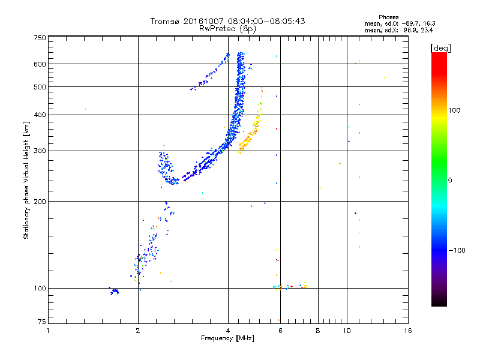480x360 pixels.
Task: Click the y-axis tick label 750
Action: tap(39, 37)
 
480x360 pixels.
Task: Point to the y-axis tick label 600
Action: tap(39, 64)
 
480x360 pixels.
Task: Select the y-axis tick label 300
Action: tap(39, 151)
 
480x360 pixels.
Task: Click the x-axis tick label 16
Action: tap(407, 331)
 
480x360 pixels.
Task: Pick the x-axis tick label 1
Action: tap(48, 331)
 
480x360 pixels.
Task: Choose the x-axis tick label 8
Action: tap(318, 331)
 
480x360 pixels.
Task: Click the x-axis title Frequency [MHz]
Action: tap(228, 339)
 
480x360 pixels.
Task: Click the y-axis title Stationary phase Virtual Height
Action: tap(26, 180)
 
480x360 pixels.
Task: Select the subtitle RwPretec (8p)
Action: tap(228, 28)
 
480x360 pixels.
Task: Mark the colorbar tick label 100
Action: tap(453, 110)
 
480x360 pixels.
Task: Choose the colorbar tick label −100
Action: tap(455, 250)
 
